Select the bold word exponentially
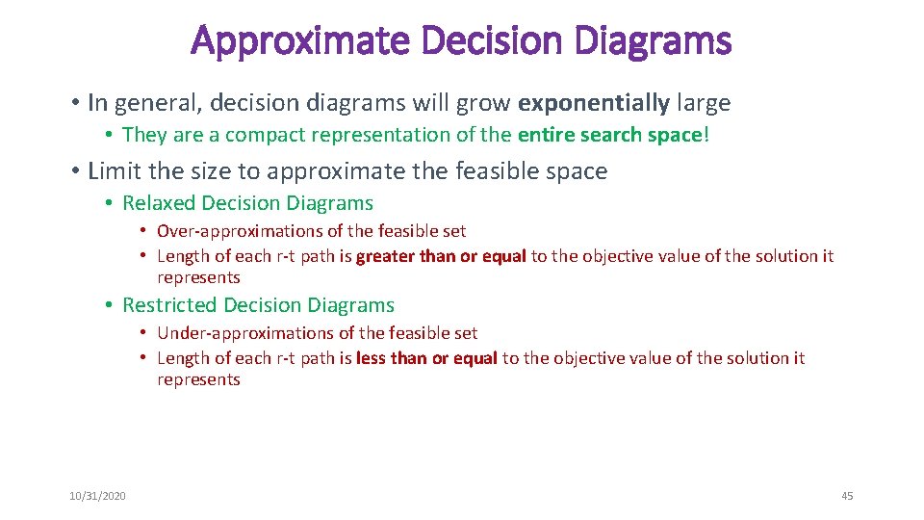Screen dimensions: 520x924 pos(594,102)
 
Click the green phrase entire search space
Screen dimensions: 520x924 pos(610,135)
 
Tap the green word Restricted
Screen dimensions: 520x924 pos(169,305)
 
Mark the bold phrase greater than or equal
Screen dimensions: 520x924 pos(441,256)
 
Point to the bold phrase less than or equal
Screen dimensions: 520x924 pos(426,358)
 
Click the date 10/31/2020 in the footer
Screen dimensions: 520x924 pos(97,496)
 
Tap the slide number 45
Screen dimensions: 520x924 pos(847,496)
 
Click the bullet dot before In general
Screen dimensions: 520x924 pos(74,102)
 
